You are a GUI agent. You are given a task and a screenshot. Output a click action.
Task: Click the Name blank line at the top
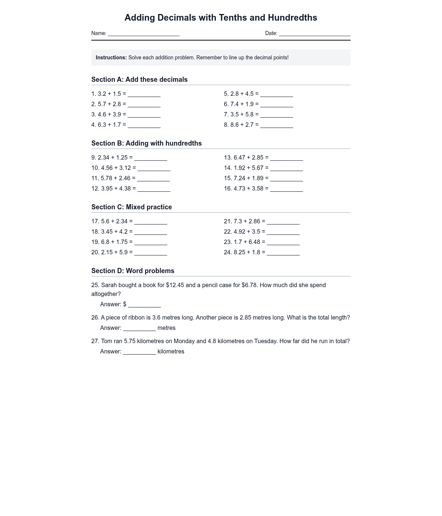tap(144, 34)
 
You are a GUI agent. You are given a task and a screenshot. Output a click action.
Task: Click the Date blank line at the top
tap(315, 34)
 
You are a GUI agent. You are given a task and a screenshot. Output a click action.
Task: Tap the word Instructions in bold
tap(111, 57)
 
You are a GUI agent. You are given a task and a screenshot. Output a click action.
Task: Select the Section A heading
tap(139, 80)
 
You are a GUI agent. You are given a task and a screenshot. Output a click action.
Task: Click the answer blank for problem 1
tap(144, 95)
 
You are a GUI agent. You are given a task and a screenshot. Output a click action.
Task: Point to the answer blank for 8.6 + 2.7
tap(277, 126)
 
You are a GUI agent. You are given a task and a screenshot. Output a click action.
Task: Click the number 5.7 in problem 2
tap(102, 104)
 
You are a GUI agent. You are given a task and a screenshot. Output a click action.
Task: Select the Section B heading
tap(146, 143)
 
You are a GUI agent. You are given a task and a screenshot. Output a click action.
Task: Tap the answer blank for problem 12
tap(154, 189)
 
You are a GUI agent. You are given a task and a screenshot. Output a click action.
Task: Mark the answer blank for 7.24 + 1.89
tap(286, 179)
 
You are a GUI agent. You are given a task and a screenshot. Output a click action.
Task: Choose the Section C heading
tap(131, 207)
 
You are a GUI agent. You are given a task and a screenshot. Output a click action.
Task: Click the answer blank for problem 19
tap(151, 243)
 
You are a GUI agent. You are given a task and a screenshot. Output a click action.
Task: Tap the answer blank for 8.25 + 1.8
tap(283, 253)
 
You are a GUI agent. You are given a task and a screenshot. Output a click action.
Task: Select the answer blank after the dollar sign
tap(144, 305)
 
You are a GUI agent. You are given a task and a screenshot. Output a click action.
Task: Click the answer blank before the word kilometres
tap(139, 352)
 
